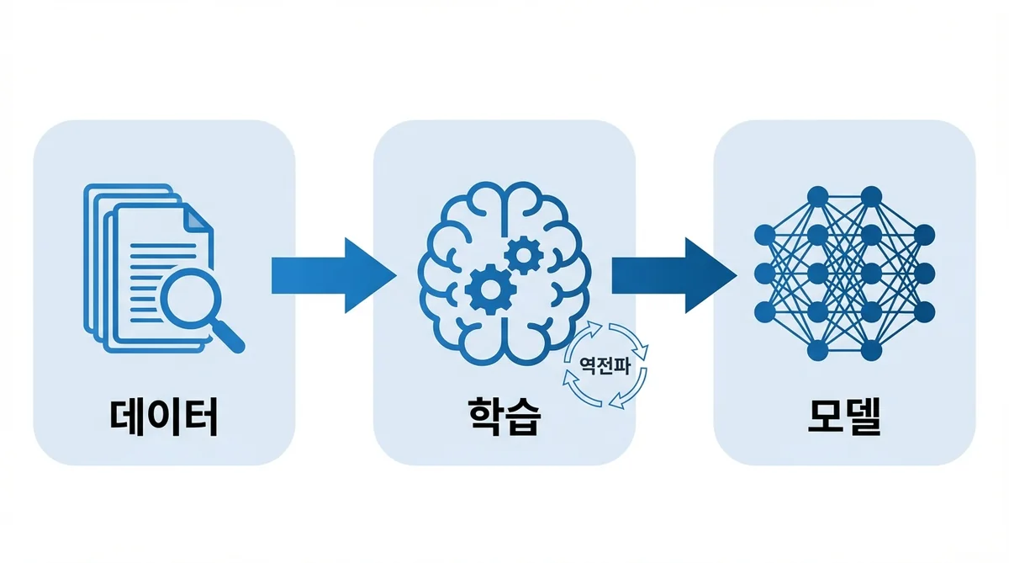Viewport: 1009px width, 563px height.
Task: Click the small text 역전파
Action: pos(605,365)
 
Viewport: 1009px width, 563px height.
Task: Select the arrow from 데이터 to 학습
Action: pos(332,276)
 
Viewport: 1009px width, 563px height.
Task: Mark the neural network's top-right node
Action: pos(871,196)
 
